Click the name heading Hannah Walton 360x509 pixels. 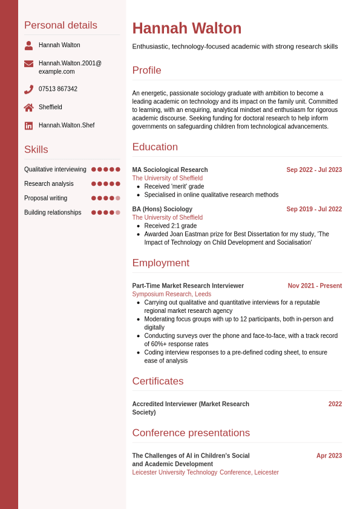coord(186,28)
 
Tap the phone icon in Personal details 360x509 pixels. coord(28,90)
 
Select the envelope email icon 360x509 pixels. coord(28,64)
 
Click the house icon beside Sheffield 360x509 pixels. coord(28,108)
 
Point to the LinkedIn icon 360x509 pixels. coord(28,126)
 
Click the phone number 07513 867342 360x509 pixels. coord(58,89)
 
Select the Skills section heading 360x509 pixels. coord(36,149)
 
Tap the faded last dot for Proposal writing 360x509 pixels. coord(118,198)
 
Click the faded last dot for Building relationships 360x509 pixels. coord(118,212)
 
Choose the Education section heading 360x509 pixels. coord(155,147)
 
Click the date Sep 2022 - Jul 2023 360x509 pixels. coord(314,170)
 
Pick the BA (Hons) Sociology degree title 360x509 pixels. coord(162,209)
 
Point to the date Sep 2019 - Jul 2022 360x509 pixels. coord(314,209)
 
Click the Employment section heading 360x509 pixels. coord(161,263)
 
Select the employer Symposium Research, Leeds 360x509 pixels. coord(172,294)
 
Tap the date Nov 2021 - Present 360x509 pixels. coord(315,286)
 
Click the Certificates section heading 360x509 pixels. coord(158,381)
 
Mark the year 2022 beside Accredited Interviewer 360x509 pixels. coord(335,404)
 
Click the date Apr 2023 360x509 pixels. coord(329,456)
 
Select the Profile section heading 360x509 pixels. coord(147,70)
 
